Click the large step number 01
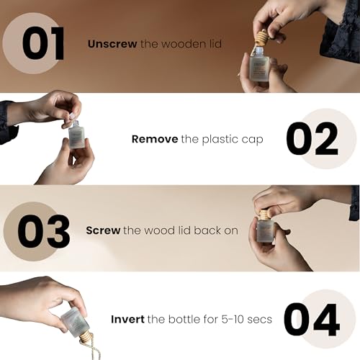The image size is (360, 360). coord(43,43)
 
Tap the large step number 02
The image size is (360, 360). coord(312,138)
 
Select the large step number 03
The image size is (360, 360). coord(44,231)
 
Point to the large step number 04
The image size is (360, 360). coord(312,320)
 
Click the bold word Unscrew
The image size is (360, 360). coord(112,44)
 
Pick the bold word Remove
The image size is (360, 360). coord(155,139)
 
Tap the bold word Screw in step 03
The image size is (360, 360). coord(103,230)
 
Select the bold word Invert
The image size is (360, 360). coord(127,319)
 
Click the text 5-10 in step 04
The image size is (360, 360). coord(232,319)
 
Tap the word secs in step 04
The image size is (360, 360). coord(260,320)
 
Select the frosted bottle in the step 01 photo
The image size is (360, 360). coord(259,64)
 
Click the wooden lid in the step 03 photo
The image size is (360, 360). coord(264,215)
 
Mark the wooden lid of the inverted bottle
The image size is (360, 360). coord(85,336)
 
